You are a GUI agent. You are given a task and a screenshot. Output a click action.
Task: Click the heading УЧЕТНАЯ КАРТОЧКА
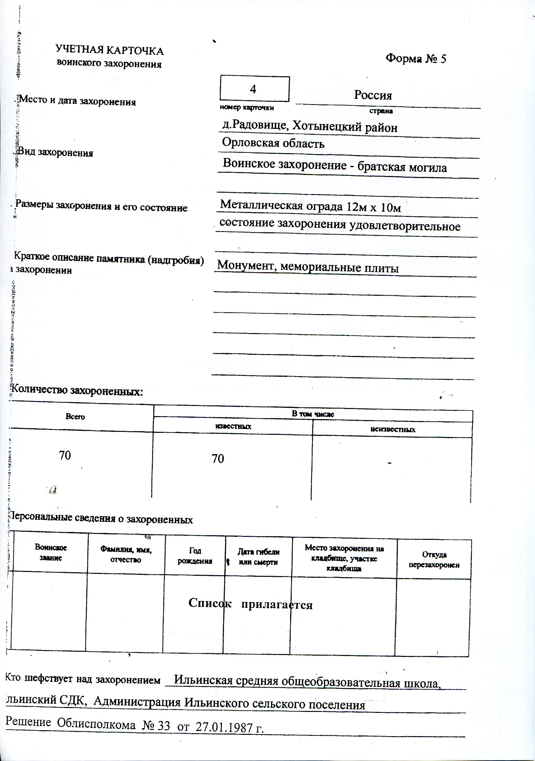click(110, 51)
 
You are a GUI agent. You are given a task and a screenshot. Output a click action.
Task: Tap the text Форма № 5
click(416, 59)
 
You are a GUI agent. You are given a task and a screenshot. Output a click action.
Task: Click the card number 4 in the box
click(253, 89)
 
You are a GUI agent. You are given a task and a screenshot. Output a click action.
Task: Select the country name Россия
click(373, 96)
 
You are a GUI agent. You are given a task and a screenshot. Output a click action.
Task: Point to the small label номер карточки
click(247, 108)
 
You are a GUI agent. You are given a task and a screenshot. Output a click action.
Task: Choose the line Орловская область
click(273, 143)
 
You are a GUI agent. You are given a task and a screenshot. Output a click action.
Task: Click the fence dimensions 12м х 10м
click(374, 207)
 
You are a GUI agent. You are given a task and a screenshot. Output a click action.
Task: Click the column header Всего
click(75, 416)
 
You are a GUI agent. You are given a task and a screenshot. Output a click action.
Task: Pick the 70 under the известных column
click(218, 459)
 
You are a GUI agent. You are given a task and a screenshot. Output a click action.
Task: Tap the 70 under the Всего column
click(65, 455)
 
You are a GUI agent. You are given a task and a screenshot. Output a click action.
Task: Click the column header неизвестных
click(392, 430)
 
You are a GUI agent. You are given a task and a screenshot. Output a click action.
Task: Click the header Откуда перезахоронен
click(434, 560)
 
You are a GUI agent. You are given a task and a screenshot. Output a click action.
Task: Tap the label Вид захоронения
click(55, 152)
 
